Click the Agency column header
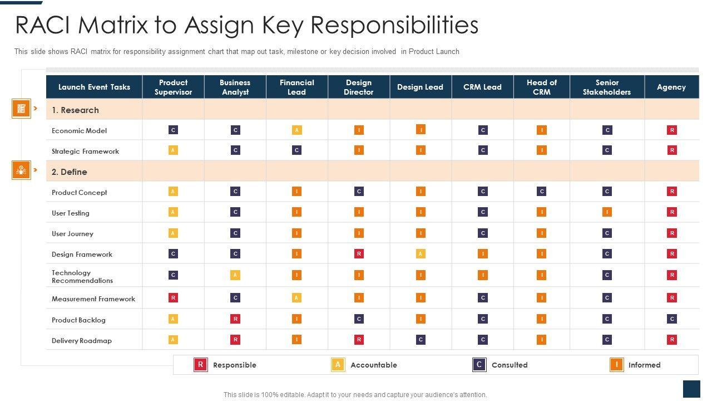(x=671, y=87)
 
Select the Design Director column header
(x=358, y=87)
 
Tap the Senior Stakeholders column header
(x=606, y=87)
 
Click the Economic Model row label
(x=79, y=131)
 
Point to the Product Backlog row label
(x=78, y=320)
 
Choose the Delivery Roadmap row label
(x=82, y=341)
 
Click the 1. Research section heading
(x=75, y=110)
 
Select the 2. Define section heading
(x=69, y=172)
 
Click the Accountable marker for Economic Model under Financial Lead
(x=297, y=130)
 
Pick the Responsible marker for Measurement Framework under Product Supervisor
(x=173, y=298)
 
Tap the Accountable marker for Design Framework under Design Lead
(x=421, y=254)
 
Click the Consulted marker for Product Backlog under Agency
(x=672, y=319)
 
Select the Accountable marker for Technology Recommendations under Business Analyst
(x=235, y=275)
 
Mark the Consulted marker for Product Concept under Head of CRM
(x=541, y=192)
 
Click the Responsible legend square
(x=200, y=365)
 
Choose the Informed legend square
(x=616, y=365)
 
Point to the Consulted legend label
(x=509, y=365)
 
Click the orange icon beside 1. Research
(x=21, y=109)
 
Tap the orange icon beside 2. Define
(x=21, y=170)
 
